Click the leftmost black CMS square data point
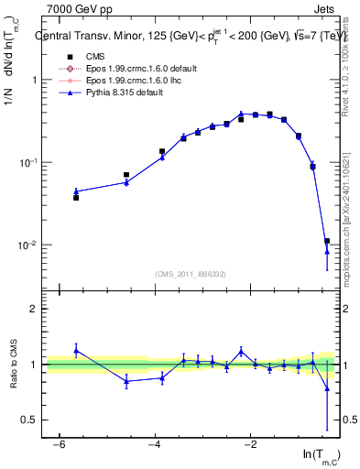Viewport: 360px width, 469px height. [x=76, y=197]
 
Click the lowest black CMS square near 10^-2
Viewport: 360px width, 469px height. [x=327, y=242]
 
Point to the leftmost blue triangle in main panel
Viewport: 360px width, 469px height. [x=76, y=191]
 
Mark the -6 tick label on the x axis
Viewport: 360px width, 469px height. [x=57, y=444]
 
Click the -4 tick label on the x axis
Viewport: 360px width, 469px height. [x=154, y=444]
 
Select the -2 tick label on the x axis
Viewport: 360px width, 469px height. [x=250, y=444]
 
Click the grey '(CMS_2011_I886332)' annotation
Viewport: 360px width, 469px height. [x=190, y=273]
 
